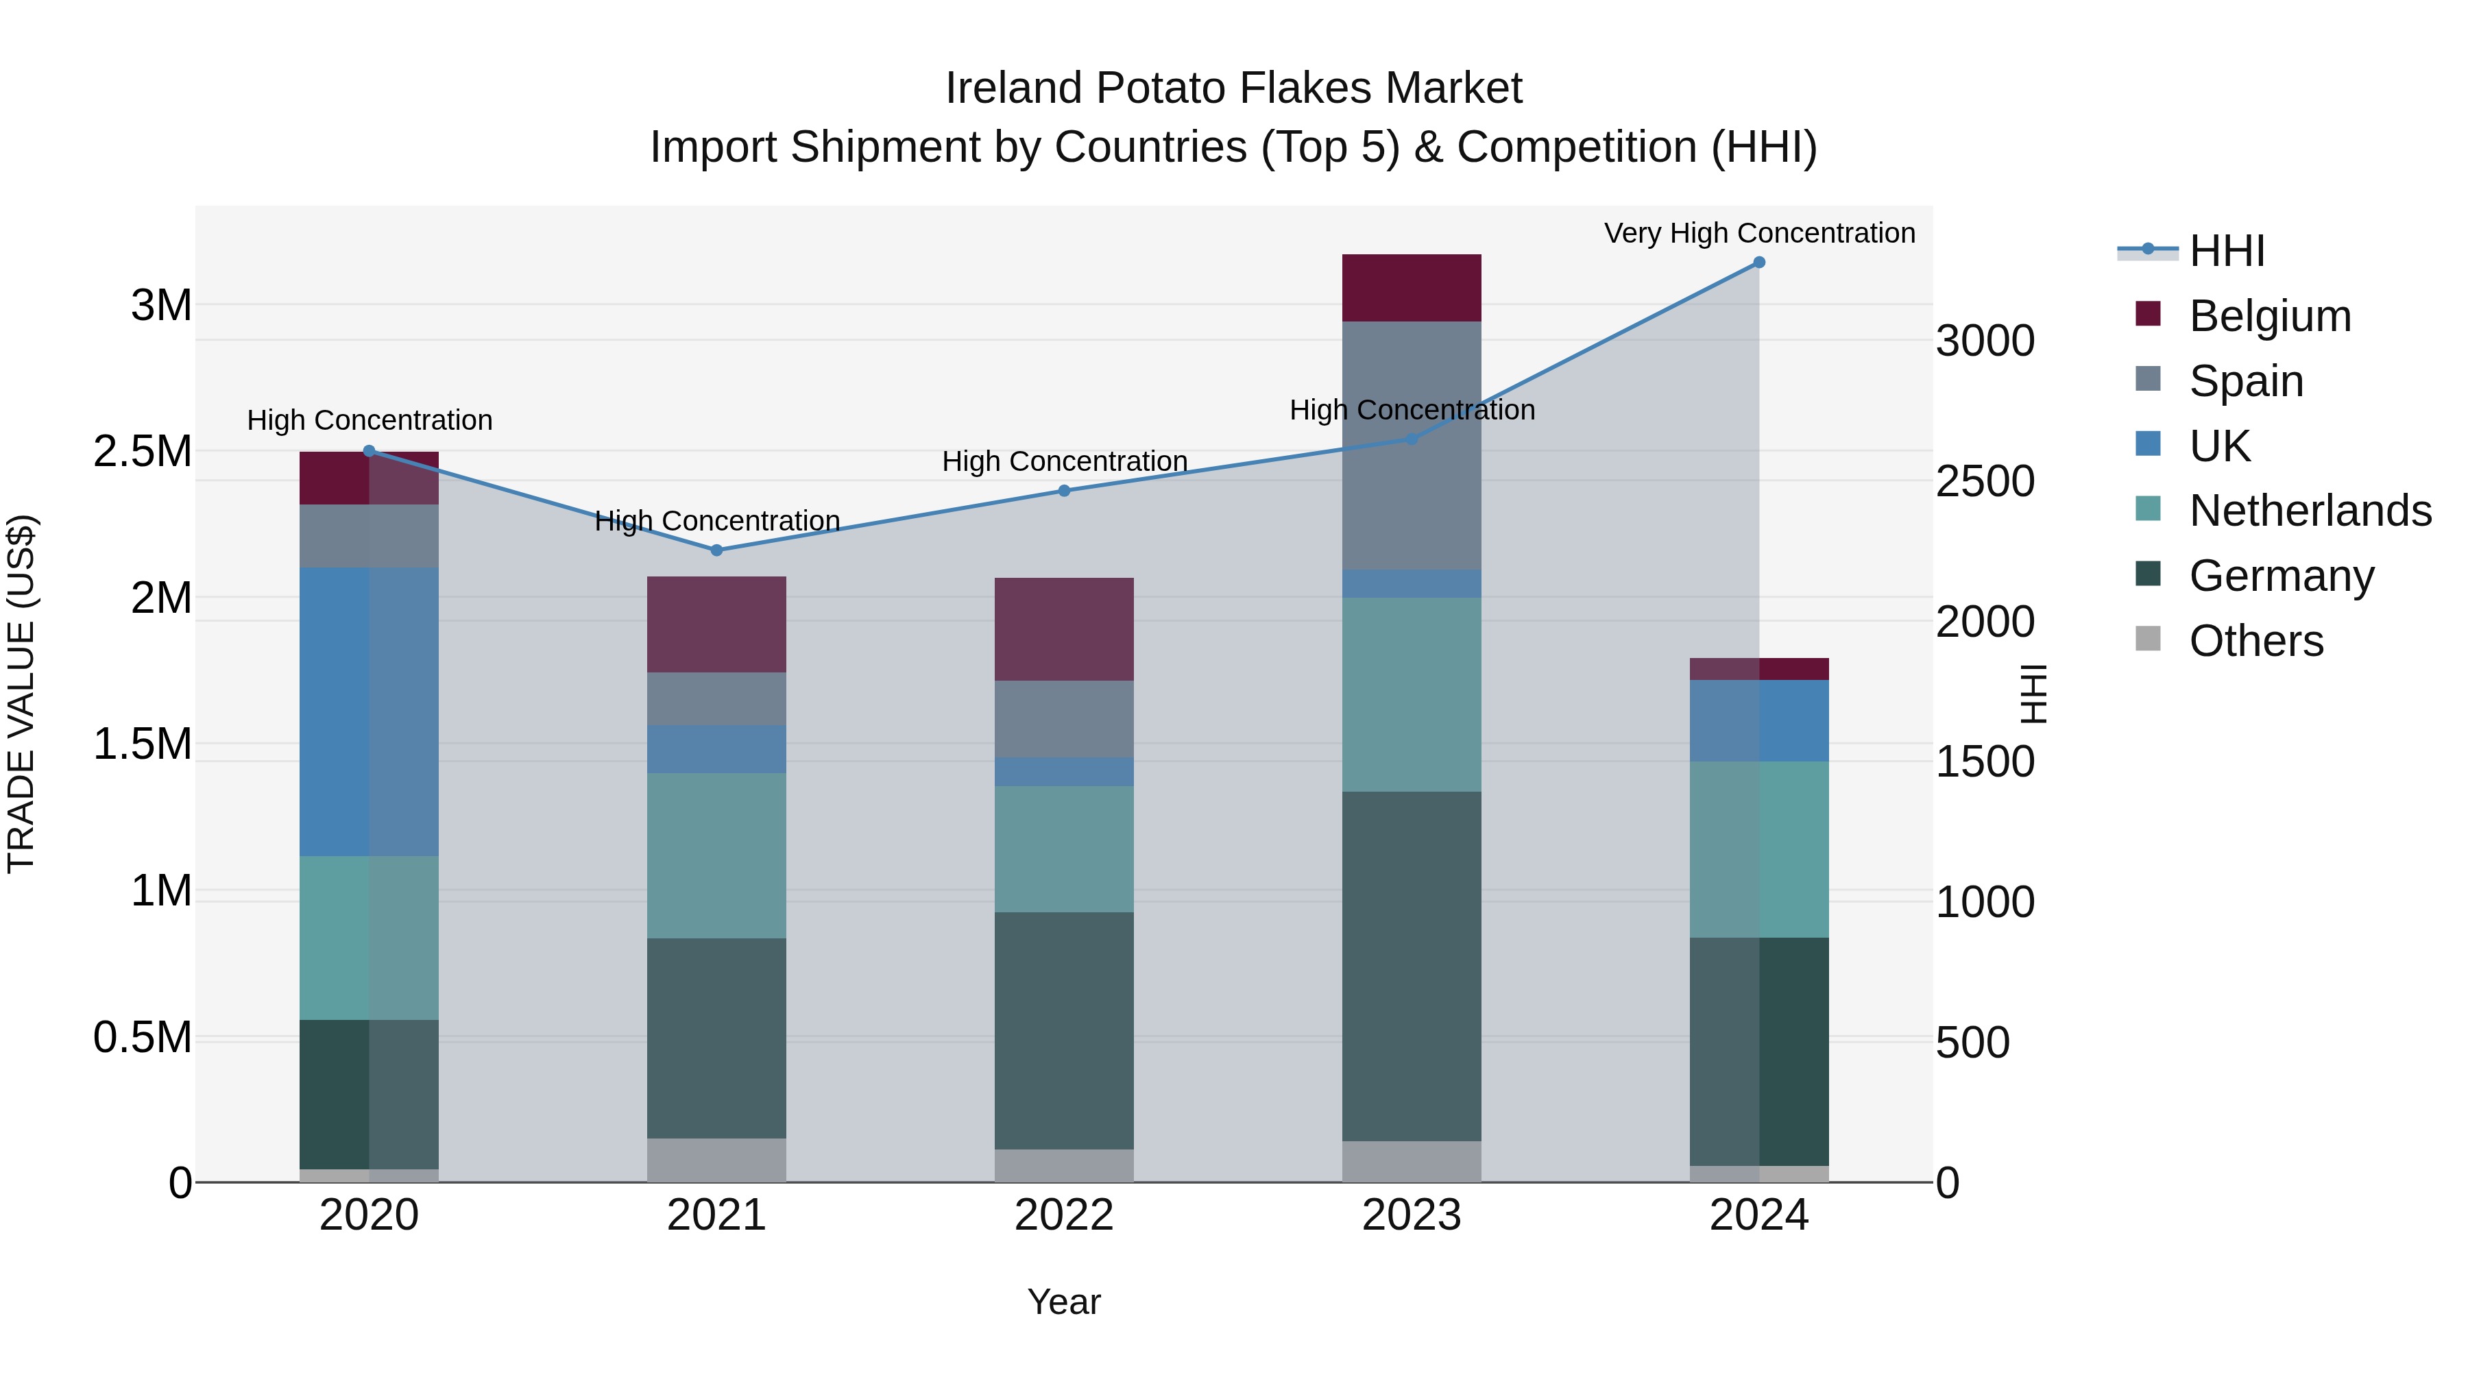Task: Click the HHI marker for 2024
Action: pyautogui.click(x=1759, y=263)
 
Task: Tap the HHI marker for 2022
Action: pyautogui.click(x=1063, y=491)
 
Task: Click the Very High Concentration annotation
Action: pyautogui.click(x=1759, y=234)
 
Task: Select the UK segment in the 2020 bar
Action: pyautogui.click(x=369, y=711)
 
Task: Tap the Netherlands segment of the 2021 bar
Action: pyautogui.click(x=716, y=855)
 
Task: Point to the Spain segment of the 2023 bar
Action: pyautogui.click(x=1412, y=446)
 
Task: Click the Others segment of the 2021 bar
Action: pyautogui.click(x=716, y=1160)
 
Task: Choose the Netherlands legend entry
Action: pyautogui.click(x=2310, y=511)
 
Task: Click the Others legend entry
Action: pyautogui.click(x=2256, y=641)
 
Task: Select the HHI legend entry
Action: pyautogui.click(x=2227, y=251)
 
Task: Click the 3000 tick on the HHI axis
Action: pyautogui.click(x=1985, y=342)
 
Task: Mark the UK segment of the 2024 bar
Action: pyautogui.click(x=1759, y=721)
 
